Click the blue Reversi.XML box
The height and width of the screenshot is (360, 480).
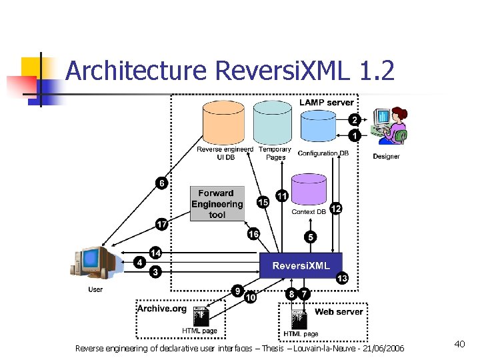(x=301, y=265)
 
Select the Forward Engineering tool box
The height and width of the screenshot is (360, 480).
(x=217, y=204)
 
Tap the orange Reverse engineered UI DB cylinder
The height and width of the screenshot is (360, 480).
(x=223, y=123)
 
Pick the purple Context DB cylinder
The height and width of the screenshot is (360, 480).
(x=309, y=189)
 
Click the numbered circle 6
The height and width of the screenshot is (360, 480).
(x=161, y=183)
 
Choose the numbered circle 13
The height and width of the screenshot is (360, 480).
(x=342, y=279)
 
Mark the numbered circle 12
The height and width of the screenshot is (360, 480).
(x=336, y=209)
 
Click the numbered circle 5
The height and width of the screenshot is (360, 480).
(x=310, y=237)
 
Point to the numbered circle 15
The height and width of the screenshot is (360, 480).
(x=263, y=202)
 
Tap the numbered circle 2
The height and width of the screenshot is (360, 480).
(x=355, y=120)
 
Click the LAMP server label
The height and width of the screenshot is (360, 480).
(x=327, y=103)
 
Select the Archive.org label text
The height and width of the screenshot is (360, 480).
(x=161, y=308)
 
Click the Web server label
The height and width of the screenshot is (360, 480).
(x=339, y=311)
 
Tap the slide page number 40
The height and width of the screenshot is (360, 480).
(x=459, y=343)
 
